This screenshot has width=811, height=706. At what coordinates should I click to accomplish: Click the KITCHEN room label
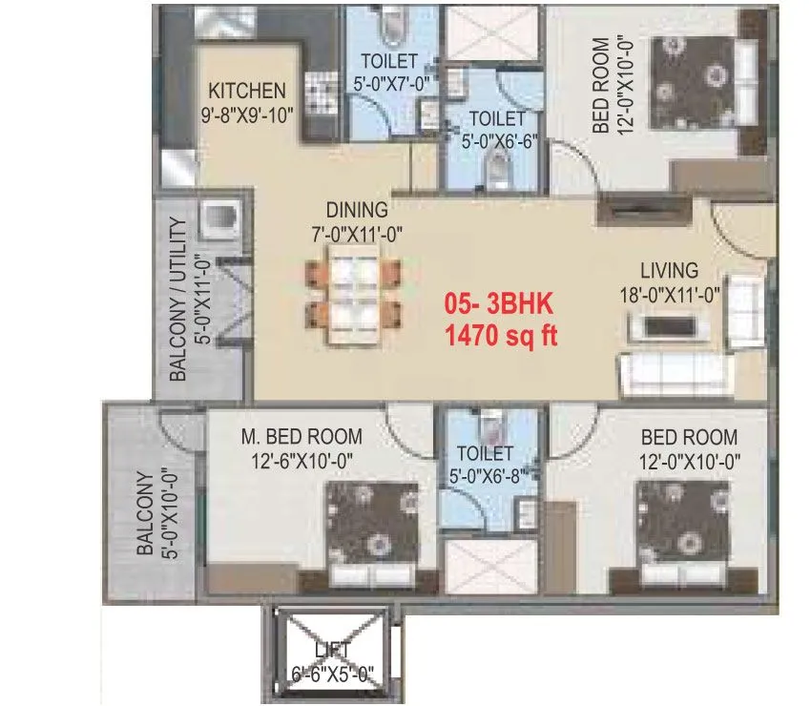246,93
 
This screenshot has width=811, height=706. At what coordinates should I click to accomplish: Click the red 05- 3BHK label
500,305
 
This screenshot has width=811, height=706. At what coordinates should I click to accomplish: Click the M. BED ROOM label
302,437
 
